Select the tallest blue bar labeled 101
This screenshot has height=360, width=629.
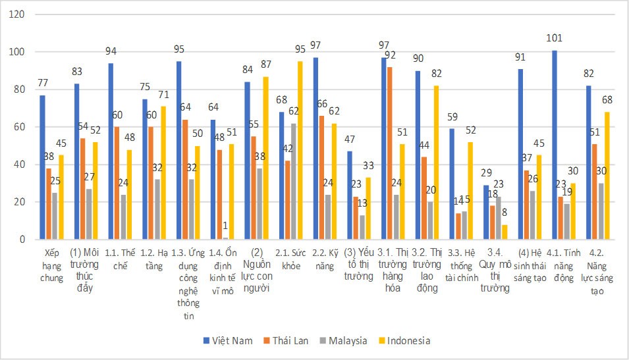pos(555,145)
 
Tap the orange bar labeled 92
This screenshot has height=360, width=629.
pos(391,153)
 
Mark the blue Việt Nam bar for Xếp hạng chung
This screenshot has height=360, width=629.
pos(43,167)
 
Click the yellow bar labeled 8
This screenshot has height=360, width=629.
pos(505,232)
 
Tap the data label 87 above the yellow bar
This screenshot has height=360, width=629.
pos(267,64)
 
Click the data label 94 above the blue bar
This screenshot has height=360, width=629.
pos(112,51)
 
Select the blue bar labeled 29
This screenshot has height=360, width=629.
pos(487,212)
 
